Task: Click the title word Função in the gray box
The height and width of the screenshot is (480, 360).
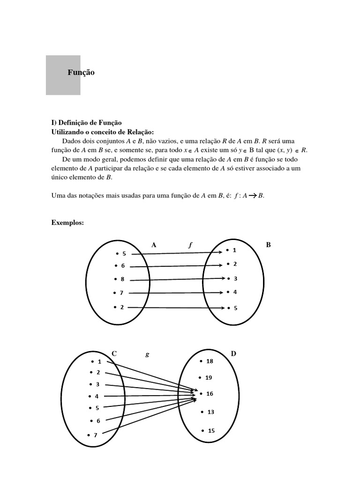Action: tap(81, 73)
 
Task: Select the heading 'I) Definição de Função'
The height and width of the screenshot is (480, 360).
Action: tap(87, 122)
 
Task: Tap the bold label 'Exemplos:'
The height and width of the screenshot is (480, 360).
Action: tap(67, 223)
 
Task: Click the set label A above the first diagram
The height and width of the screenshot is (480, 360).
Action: tap(154, 245)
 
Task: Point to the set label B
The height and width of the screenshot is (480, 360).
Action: tap(269, 245)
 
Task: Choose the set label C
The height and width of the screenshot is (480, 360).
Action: tap(113, 353)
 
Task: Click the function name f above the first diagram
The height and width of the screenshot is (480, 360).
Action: tap(190, 245)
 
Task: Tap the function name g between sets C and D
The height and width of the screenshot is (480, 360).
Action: tap(147, 354)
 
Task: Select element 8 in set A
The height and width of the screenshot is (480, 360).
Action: tap(122, 279)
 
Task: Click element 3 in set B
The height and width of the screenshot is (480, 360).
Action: tap(235, 278)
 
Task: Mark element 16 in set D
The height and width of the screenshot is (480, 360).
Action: tap(210, 394)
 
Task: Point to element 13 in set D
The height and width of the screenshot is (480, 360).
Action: tap(210, 412)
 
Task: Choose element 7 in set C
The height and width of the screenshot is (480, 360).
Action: tap(95, 435)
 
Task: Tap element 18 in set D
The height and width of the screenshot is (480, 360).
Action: tap(209, 361)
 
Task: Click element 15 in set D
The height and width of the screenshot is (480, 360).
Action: tap(211, 430)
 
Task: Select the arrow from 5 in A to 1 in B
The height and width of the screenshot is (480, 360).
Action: tap(178, 253)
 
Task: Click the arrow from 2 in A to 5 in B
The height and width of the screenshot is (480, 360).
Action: tap(178, 308)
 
